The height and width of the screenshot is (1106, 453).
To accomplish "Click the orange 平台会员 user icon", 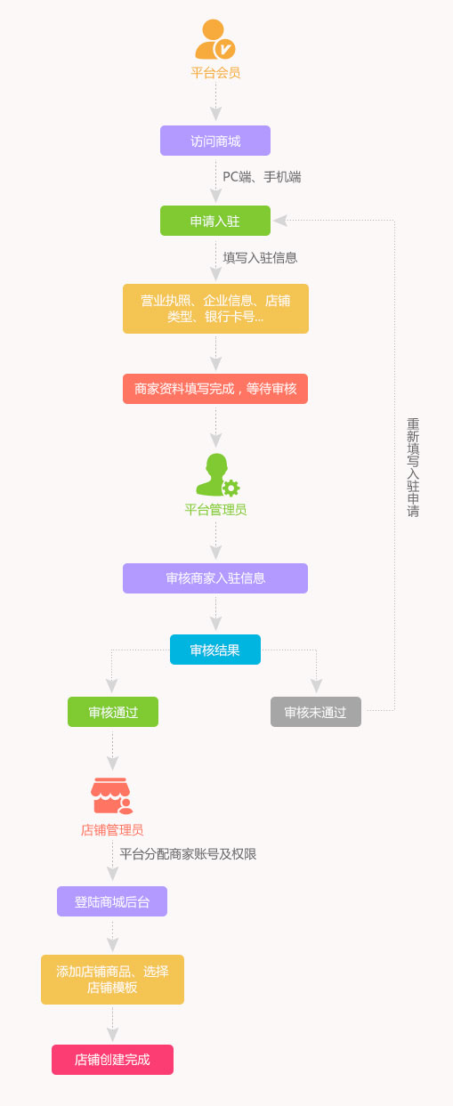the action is tap(214, 39).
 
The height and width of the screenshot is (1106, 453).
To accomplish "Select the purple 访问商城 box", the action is tap(215, 141).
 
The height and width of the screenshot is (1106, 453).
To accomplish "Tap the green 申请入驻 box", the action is tap(215, 221).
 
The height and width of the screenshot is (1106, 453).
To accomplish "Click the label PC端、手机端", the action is tap(262, 177).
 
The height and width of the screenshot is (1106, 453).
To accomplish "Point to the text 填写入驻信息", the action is tap(261, 258).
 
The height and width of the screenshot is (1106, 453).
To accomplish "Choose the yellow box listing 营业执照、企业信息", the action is tap(216, 309).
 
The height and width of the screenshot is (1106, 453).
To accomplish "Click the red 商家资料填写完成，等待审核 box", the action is tap(215, 389).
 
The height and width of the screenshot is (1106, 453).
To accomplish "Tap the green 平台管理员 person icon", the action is tap(217, 474).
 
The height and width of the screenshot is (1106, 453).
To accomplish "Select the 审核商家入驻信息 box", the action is tap(215, 578).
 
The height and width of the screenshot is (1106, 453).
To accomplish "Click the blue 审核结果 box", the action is tap(215, 650).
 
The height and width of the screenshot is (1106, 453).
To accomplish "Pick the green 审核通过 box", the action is tap(113, 712).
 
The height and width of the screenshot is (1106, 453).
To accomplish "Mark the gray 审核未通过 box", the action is tap(316, 712).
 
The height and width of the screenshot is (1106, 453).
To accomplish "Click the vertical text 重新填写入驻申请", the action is tap(413, 468).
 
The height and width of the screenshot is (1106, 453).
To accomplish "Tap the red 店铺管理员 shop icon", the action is tap(111, 795).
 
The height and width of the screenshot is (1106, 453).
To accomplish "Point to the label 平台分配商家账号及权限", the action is tap(188, 854).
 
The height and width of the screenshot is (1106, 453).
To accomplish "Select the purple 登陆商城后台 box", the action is tap(112, 901).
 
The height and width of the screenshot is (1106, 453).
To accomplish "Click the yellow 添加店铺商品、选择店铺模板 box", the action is tap(113, 980).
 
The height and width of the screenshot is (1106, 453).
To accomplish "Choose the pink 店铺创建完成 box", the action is tap(113, 1060).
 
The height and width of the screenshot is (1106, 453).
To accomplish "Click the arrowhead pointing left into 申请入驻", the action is tap(280, 221).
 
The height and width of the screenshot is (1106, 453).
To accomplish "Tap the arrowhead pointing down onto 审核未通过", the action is tap(316, 686).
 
